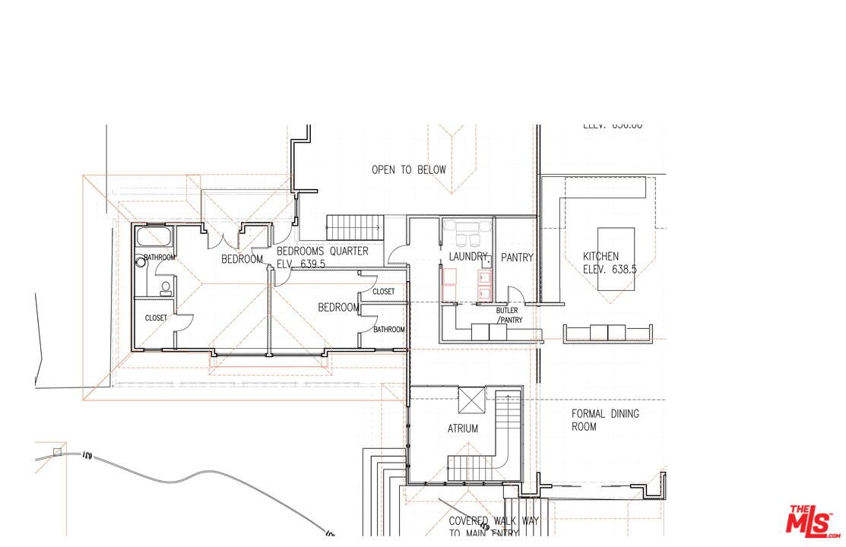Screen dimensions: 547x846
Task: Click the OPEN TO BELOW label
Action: pos(408,169)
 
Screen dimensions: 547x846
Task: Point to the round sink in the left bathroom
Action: pos(141,263)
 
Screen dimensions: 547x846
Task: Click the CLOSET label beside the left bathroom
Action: pos(156,318)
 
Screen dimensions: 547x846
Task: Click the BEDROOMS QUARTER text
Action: pos(322,251)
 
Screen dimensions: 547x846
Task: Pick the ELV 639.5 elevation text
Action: pos(296,264)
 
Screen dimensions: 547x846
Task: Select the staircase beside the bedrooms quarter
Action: pos(354,226)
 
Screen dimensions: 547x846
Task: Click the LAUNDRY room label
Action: pos(467,258)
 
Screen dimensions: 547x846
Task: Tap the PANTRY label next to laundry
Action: pos(517,258)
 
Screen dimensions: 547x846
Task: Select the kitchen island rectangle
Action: pos(616,258)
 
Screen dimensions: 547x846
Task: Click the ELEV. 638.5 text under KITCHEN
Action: pos(610,269)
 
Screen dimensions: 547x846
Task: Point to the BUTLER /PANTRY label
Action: pos(507,315)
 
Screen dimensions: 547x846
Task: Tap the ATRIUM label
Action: pos(462,428)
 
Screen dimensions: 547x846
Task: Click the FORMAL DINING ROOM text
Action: pos(605,420)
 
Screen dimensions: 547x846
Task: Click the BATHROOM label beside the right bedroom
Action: pos(388,329)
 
